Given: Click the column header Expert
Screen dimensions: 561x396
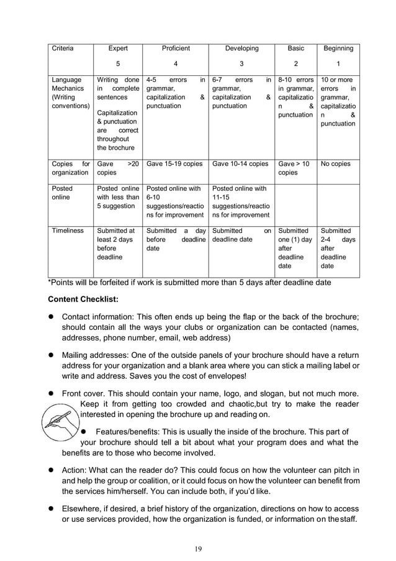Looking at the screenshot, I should [118, 48].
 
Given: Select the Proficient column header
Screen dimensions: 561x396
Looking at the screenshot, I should [176, 48].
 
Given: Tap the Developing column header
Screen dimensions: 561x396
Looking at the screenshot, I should [241, 48].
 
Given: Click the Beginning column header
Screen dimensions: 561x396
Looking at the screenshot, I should [338, 48].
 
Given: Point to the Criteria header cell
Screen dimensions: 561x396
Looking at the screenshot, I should [62, 48].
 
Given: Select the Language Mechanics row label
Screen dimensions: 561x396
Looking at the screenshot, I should [66, 93].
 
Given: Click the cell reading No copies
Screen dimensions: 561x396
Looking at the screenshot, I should [335, 164].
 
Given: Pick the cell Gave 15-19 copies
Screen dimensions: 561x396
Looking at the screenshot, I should [174, 164].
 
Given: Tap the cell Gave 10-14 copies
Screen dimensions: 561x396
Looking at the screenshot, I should [241, 164].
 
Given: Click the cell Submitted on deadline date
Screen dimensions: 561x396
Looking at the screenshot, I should [241, 235].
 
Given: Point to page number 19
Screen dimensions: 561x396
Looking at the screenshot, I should [197, 548].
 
